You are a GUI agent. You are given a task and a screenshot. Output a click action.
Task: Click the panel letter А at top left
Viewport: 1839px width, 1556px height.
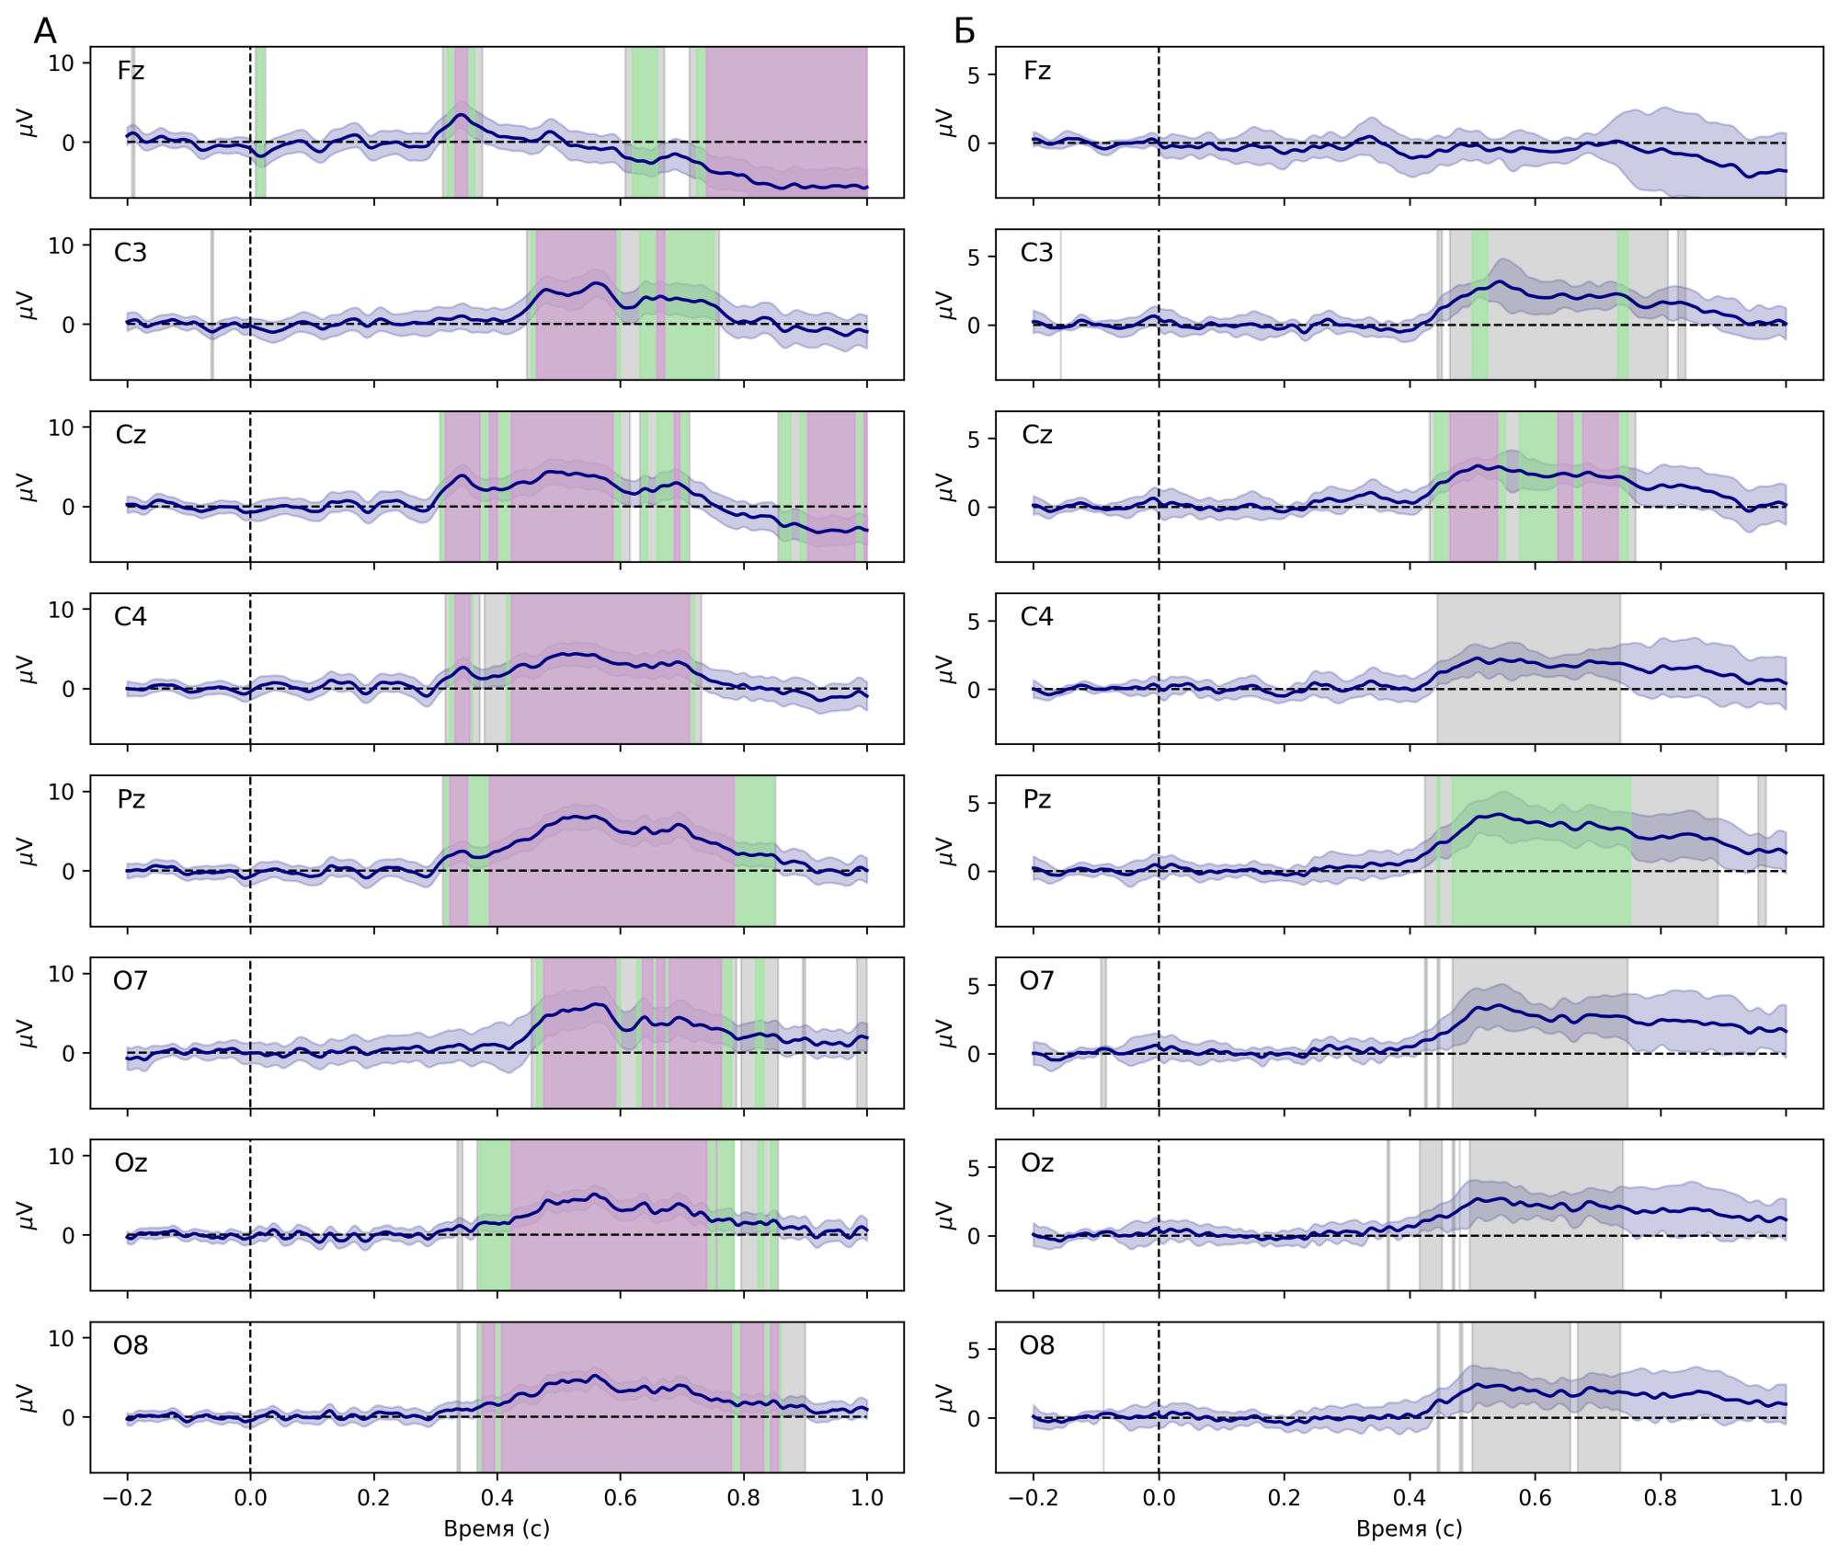[x=44, y=32]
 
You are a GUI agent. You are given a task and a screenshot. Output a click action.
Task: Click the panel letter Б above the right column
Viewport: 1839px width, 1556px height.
[x=964, y=32]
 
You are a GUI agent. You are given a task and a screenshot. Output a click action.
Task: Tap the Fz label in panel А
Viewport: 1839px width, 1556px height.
[x=131, y=71]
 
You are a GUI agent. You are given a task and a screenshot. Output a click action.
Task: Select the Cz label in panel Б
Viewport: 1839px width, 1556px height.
[x=1036, y=435]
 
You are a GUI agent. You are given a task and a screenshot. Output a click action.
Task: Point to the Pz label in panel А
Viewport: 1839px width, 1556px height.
[x=131, y=799]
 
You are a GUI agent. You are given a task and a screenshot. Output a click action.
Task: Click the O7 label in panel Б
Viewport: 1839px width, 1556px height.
[x=1036, y=981]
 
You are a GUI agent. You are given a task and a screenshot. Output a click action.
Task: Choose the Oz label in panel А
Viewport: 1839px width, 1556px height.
[x=131, y=1163]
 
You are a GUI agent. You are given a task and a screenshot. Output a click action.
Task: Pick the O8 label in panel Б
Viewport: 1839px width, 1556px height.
[x=1036, y=1345]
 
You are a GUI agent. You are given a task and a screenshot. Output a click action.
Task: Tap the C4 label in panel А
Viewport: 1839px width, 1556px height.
[x=131, y=617]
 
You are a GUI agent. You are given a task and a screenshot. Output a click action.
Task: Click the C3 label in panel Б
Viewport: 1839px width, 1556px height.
[x=1036, y=253]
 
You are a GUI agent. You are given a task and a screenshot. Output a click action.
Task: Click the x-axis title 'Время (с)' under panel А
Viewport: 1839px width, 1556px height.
[x=497, y=1528]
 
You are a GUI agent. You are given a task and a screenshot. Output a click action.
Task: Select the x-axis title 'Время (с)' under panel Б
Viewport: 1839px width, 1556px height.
[x=1409, y=1528]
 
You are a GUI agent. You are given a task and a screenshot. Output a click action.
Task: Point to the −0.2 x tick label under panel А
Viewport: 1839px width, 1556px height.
[x=126, y=1498]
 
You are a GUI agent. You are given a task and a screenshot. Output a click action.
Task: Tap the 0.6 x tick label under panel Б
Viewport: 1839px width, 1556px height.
[x=1535, y=1498]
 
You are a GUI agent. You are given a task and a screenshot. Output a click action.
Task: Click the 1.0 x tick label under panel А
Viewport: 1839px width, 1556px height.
[x=866, y=1498]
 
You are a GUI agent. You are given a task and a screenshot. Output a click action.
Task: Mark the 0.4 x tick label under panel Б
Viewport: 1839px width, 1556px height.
[x=1409, y=1498]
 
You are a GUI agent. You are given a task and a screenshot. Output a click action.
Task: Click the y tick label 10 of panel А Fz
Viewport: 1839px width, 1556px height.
[x=61, y=63]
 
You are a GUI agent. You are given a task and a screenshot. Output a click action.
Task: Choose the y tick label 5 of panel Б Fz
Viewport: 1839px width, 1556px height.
[x=974, y=75]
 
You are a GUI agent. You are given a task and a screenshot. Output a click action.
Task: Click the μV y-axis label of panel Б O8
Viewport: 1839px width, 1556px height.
[x=943, y=1398]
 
